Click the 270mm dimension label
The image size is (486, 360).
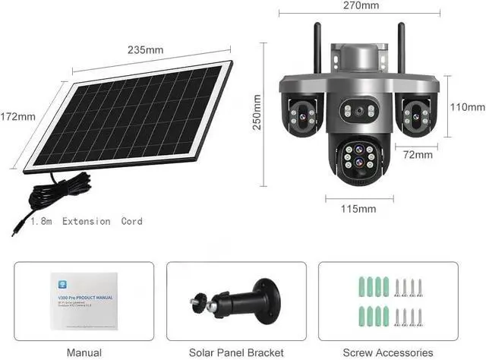coord(361,5)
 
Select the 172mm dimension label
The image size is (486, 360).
coord(17,117)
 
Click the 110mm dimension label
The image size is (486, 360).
coord(467,108)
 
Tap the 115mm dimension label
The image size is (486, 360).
coord(358,208)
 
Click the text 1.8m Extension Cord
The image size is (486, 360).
coord(87,222)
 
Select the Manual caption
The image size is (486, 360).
coord(84,353)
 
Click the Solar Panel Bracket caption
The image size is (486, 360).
coord(237,353)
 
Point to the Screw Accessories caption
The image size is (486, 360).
coord(388,353)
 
